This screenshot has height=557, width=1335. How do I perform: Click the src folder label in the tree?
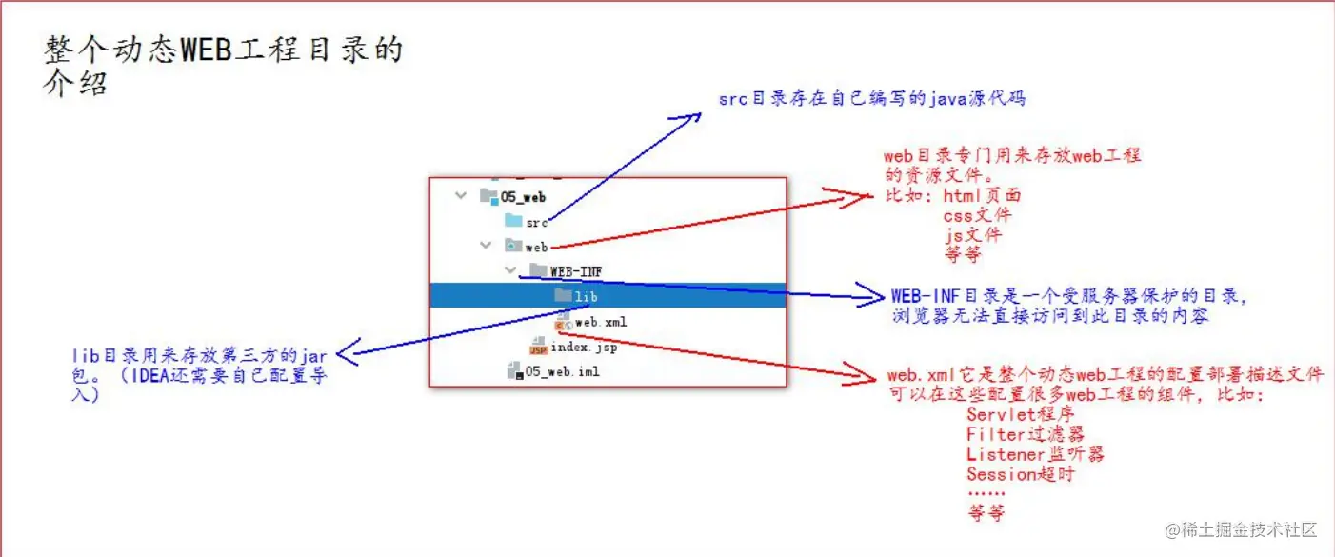[536, 223]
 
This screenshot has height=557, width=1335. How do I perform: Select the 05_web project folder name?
[523, 197]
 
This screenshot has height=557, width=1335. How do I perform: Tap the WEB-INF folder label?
[575, 271]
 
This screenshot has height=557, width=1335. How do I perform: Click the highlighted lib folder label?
[587, 297]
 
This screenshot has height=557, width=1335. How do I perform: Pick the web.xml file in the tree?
[600, 322]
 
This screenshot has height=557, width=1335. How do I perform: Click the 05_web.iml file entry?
[562, 371]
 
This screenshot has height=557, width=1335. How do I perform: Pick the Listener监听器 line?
[1035, 454]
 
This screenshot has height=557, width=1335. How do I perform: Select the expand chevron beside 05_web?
[462, 196]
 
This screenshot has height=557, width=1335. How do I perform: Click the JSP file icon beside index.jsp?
[538, 348]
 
